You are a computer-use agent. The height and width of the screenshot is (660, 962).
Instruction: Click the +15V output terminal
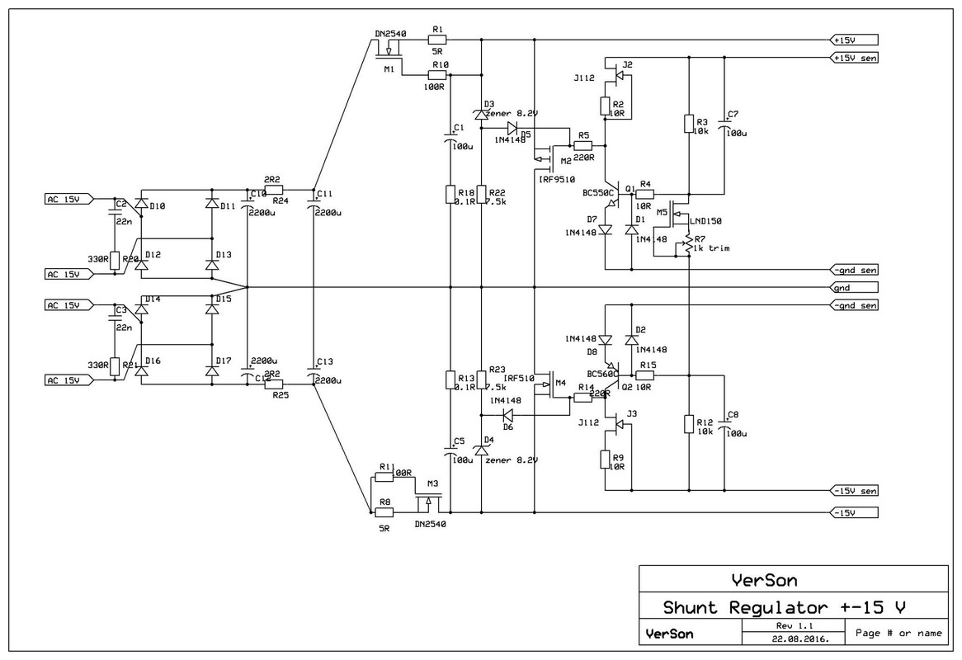click(x=855, y=40)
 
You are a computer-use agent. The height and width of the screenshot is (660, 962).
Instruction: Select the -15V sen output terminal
click(x=855, y=492)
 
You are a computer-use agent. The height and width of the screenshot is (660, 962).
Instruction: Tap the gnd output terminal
click(x=855, y=288)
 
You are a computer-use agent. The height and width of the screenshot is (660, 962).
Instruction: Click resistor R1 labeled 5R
click(x=436, y=39)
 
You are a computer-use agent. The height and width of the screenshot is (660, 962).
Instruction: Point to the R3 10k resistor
click(x=688, y=124)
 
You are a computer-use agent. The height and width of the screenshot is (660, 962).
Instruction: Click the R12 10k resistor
click(x=688, y=424)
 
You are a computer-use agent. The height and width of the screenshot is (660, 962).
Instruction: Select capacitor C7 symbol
click(x=724, y=123)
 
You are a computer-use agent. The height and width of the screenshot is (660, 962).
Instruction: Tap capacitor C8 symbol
click(x=724, y=424)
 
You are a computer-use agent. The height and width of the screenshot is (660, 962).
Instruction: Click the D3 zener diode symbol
click(x=482, y=113)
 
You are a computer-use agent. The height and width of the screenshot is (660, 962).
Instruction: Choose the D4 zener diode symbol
click(x=482, y=450)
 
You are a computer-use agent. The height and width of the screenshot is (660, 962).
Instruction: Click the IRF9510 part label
click(x=557, y=179)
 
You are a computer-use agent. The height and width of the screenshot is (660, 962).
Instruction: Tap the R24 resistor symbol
click(x=275, y=188)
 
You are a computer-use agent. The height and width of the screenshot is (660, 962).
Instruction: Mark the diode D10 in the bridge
click(x=141, y=203)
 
